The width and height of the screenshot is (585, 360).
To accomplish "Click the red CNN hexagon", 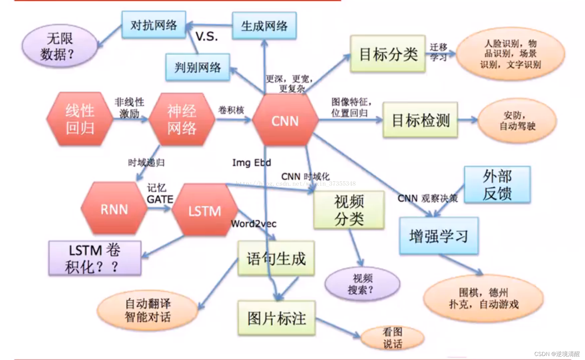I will (x=285, y=121).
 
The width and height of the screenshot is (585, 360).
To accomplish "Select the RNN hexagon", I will (x=114, y=209).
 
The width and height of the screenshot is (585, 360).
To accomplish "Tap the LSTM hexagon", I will (x=205, y=211).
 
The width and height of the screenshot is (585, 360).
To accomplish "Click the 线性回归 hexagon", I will (x=80, y=119).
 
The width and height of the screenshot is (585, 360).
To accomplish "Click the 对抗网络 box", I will (x=154, y=25).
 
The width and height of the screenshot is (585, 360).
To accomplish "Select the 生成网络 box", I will (x=264, y=26).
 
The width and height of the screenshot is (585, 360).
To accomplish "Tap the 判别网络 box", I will (x=198, y=67).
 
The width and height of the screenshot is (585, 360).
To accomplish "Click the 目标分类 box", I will (x=388, y=54).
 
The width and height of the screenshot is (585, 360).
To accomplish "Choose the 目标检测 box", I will (x=420, y=120).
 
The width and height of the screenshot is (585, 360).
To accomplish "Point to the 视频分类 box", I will (x=349, y=210).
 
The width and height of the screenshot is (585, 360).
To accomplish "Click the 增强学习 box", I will (x=439, y=236).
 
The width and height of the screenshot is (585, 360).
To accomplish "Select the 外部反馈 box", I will (x=497, y=185).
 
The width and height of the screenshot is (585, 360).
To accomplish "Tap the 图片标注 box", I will (x=277, y=318).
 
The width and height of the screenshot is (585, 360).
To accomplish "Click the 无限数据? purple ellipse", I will (x=60, y=46).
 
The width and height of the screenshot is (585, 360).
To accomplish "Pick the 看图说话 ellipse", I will (x=392, y=338).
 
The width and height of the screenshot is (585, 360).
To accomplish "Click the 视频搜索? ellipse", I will (x=362, y=284).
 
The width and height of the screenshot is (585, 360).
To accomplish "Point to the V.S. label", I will (x=207, y=36).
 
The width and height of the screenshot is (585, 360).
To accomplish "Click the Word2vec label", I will (x=254, y=224).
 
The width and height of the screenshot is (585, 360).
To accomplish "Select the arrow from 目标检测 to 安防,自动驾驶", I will (x=468, y=120).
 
